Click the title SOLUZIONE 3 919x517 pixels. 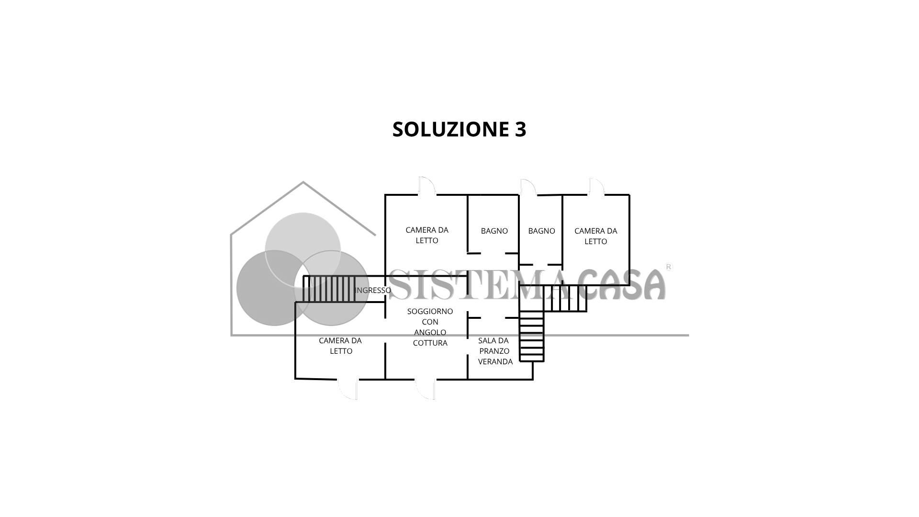459,129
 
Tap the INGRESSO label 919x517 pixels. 373,290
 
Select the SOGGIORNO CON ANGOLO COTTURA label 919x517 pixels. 430,327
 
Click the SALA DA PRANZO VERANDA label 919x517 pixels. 494,351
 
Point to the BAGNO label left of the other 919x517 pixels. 494,231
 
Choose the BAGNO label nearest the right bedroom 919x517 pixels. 541,231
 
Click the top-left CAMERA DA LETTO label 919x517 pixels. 426,235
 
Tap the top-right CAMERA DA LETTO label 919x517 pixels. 595,236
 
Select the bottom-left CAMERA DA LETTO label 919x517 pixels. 341,346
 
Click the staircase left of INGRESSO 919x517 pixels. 329,289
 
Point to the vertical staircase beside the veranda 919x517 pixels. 532,336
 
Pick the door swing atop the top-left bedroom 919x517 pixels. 426,186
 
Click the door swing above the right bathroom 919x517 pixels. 527,187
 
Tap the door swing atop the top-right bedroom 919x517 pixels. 596,186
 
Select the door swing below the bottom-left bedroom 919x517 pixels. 348,389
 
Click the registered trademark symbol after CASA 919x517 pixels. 669,267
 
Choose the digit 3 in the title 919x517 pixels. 520,129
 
